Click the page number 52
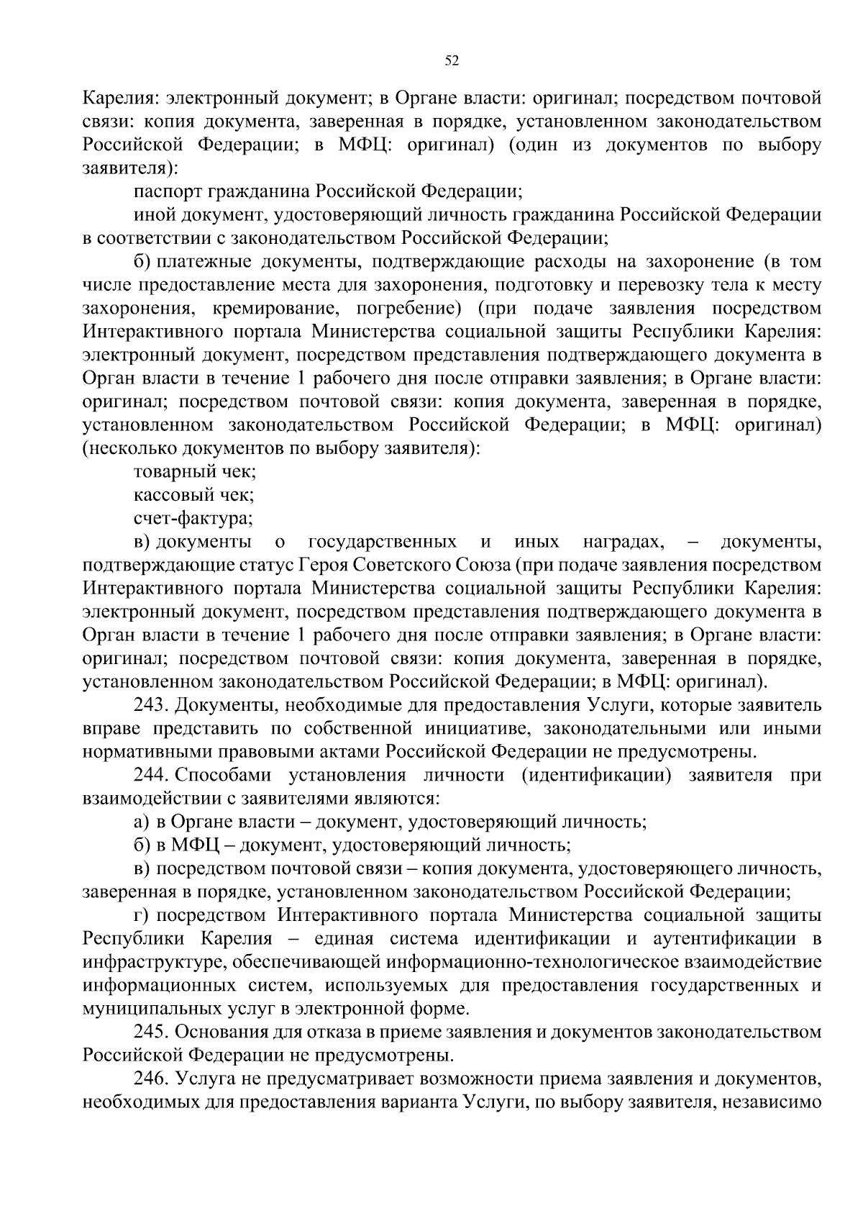point(452,61)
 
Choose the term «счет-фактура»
point(193,517)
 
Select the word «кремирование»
point(272,309)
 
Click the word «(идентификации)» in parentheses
point(594,775)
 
